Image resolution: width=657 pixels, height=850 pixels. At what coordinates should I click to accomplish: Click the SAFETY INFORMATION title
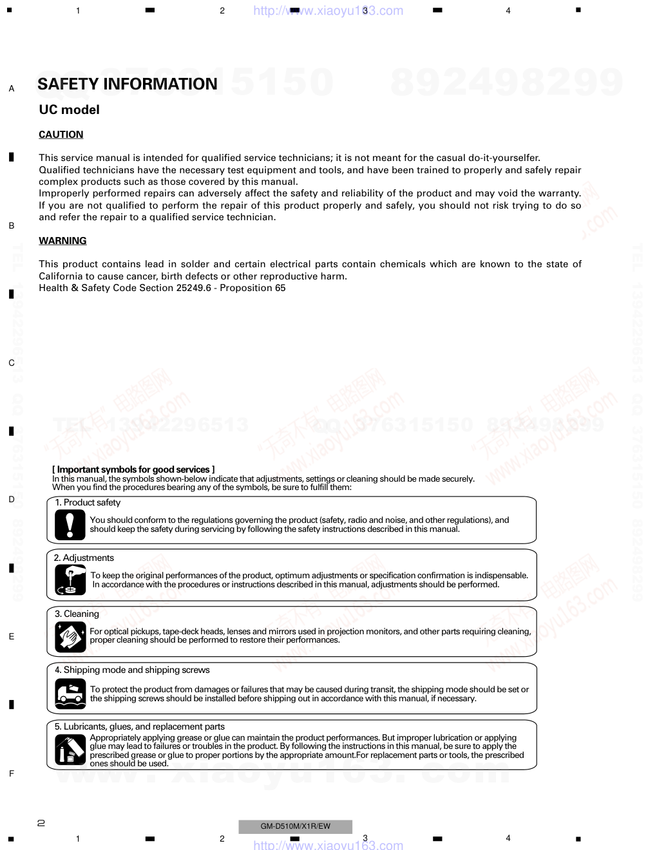click(128, 84)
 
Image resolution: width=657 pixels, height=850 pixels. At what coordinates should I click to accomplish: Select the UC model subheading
click(69, 110)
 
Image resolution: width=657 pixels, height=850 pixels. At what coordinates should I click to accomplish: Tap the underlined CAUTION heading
click(61, 135)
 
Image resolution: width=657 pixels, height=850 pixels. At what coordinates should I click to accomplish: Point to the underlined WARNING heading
click(62, 241)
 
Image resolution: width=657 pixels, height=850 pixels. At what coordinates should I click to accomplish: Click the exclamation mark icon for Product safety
click(70, 524)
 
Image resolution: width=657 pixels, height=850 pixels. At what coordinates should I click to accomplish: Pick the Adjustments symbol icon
click(70, 580)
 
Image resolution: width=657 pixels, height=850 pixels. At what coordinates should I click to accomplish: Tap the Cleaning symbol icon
click(70, 636)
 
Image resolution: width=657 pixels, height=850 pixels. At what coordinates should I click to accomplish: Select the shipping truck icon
click(70, 694)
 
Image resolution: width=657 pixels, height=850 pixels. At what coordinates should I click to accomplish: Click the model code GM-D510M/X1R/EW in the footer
click(295, 826)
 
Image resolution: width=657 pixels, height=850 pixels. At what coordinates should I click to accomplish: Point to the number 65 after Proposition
click(280, 288)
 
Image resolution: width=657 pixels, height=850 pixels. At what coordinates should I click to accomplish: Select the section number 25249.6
click(193, 288)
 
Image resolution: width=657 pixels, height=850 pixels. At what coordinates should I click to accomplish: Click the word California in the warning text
click(61, 276)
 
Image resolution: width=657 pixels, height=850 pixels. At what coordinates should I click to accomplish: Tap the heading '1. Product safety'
click(88, 503)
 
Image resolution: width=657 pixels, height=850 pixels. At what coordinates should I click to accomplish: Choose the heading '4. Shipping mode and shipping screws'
click(132, 670)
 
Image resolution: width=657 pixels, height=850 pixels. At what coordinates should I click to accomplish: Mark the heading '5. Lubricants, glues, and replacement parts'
click(139, 726)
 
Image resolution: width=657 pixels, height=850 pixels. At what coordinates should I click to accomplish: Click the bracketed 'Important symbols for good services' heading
click(133, 469)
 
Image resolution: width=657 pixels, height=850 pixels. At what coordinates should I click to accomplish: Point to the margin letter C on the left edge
click(12, 363)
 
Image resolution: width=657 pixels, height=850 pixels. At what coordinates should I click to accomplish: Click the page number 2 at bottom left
click(41, 822)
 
